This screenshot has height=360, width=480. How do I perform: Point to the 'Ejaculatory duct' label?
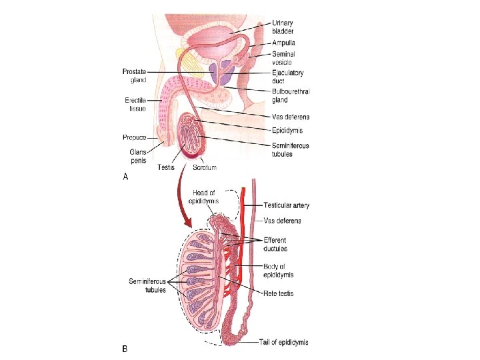tap(288, 77)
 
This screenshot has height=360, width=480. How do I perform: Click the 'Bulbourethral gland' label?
tap(291, 95)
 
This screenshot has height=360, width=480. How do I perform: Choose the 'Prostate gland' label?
tap(135, 75)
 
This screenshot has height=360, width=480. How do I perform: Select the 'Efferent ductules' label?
tap(275, 244)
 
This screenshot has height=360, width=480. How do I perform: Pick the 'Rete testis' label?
tap(277, 293)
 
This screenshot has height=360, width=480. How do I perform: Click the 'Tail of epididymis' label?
tap(283, 343)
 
